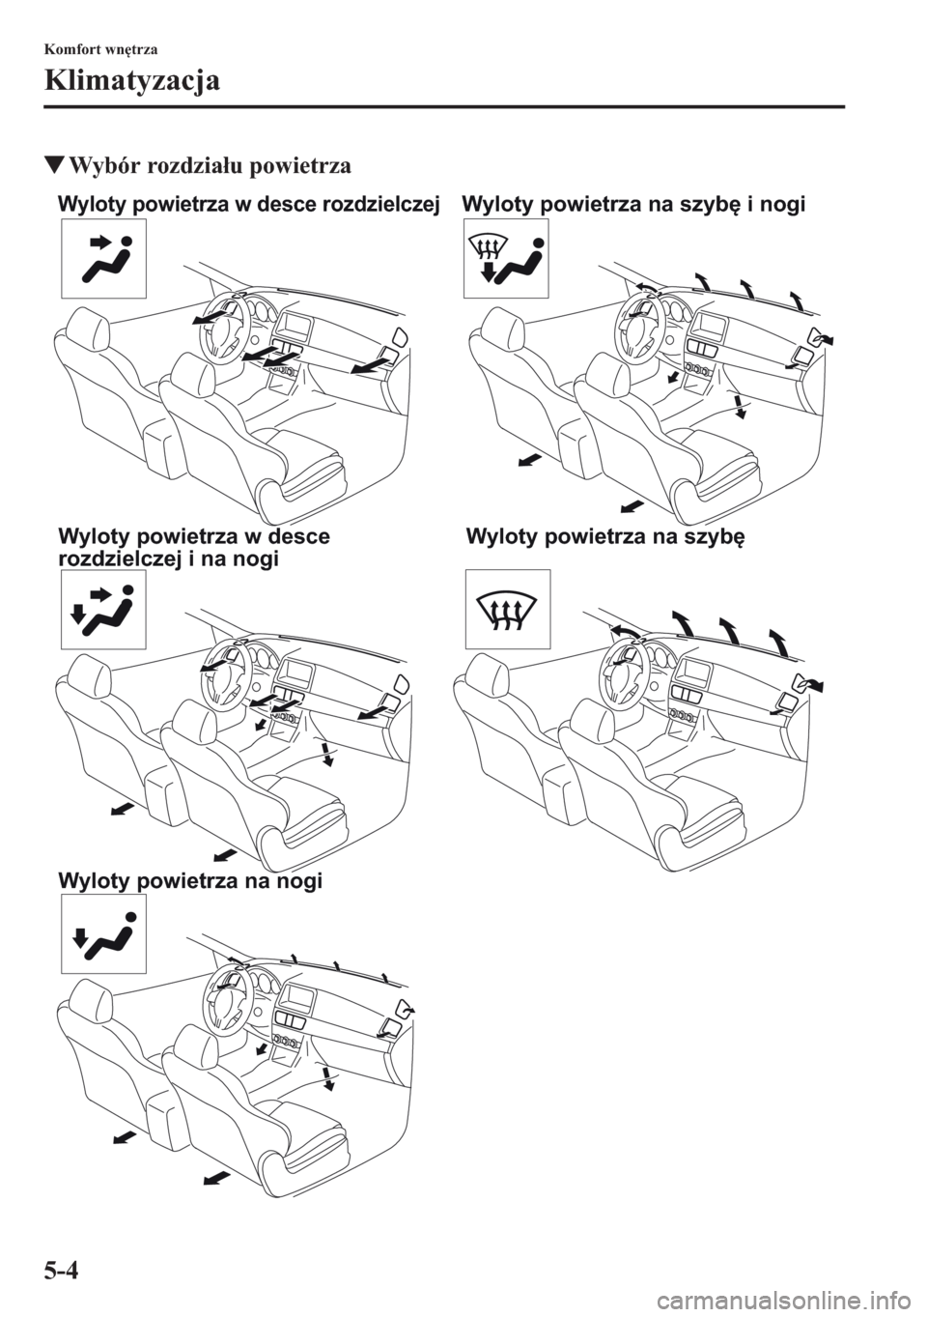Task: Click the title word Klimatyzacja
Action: pyautogui.click(x=132, y=82)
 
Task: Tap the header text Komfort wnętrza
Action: pyautogui.click(x=100, y=49)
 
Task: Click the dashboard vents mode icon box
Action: pyautogui.click(x=104, y=258)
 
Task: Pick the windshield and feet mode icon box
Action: pyautogui.click(x=506, y=258)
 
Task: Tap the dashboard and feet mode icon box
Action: pyautogui.click(x=104, y=609)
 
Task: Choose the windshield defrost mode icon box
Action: pyautogui.click(x=508, y=609)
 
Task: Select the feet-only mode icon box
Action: pyautogui.click(x=104, y=934)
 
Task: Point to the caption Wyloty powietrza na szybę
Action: pyautogui.click(x=605, y=537)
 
